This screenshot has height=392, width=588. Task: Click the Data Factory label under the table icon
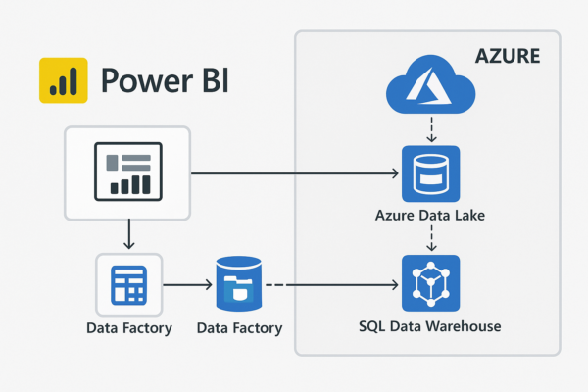click(x=128, y=328)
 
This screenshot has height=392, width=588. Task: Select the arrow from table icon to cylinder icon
click(x=188, y=285)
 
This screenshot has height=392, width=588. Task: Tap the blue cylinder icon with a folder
click(x=240, y=285)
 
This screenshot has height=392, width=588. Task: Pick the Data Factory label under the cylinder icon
click(x=240, y=328)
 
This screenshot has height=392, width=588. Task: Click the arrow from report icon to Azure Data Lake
click(x=294, y=174)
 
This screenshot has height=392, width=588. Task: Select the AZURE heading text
click(x=507, y=57)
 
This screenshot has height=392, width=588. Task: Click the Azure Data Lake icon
click(x=431, y=174)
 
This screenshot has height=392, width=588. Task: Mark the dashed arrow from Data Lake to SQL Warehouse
click(x=431, y=238)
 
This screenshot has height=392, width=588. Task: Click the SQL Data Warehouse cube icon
click(x=431, y=284)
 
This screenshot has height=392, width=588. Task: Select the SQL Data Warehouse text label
click(x=431, y=325)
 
